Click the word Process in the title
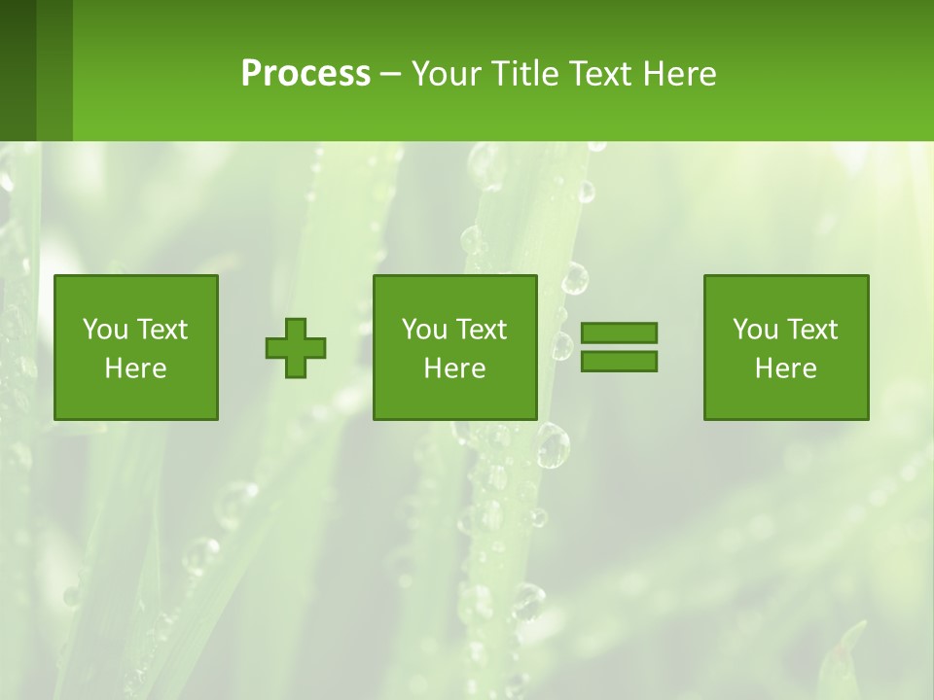click(x=305, y=74)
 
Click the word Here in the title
click(x=679, y=74)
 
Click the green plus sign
click(x=296, y=348)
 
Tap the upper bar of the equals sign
click(x=619, y=332)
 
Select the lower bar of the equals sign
click(x=619, y=362)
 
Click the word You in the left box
click(x=105, y=330)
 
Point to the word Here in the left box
click(x=135, y=368)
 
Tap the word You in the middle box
click(x=424, y=330)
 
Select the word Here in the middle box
click(x=454, y=368)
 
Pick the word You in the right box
click(x=755, y=330)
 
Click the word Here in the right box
click(x=785, y=368)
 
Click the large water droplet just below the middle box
click(x=553, y=445)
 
